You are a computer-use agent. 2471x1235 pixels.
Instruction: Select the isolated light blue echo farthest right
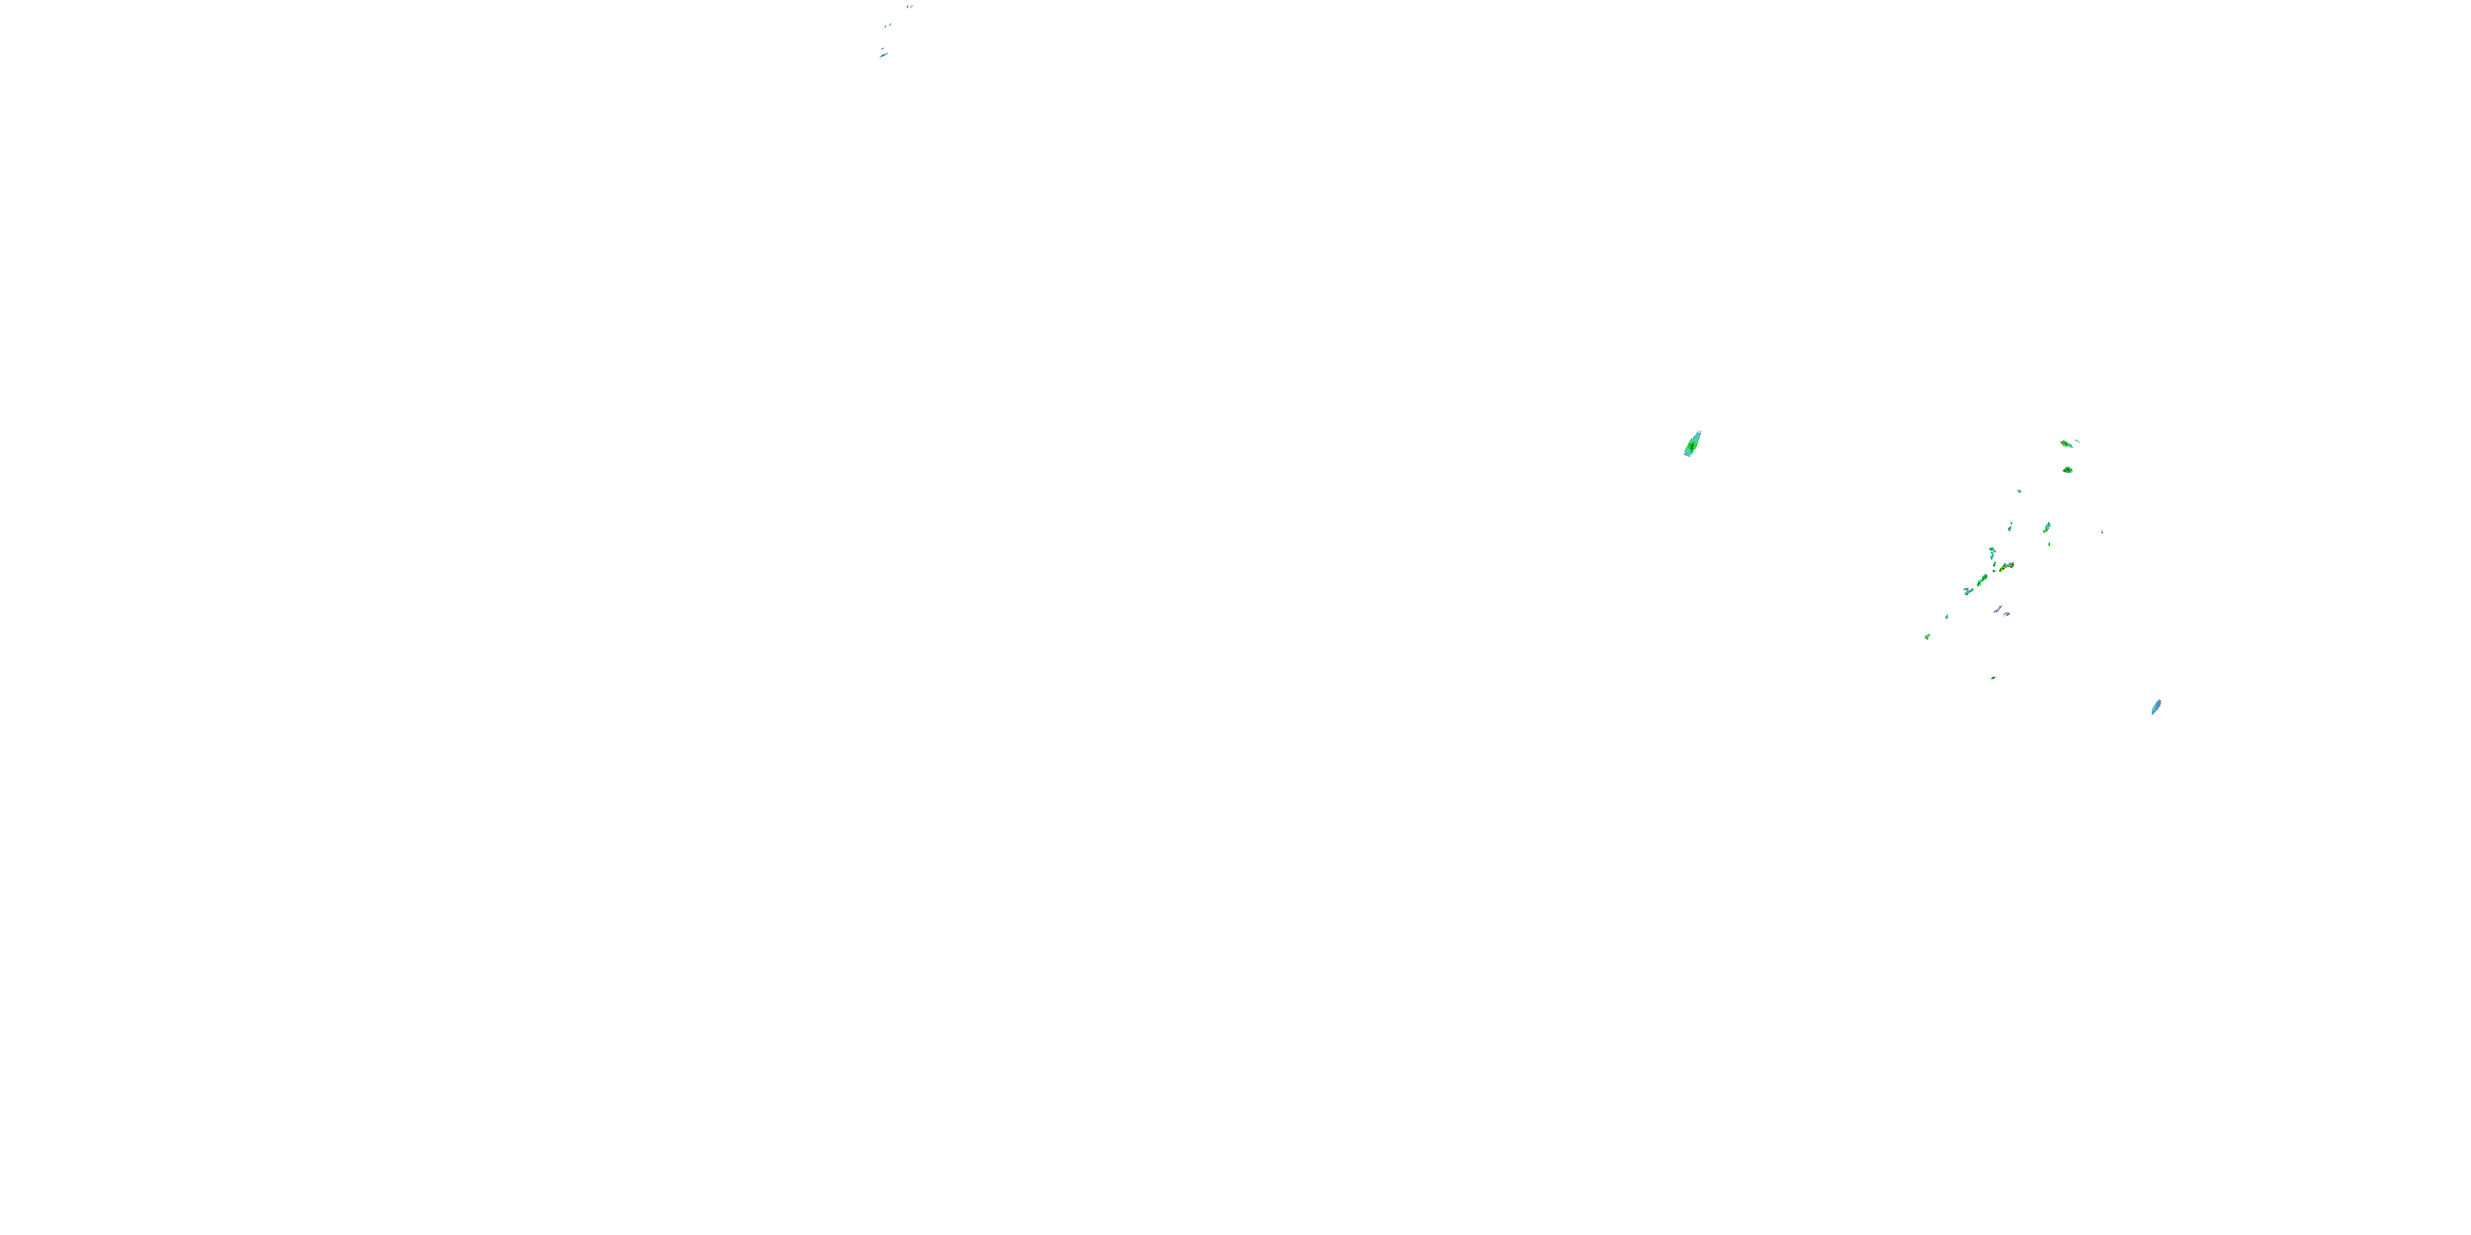coord(2156,706)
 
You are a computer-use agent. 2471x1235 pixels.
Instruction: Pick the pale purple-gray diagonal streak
coord(1998,609)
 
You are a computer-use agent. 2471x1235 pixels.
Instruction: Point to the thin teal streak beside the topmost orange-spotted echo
coord(2078,441)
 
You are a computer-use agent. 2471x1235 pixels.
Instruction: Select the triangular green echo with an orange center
coord(2067,470)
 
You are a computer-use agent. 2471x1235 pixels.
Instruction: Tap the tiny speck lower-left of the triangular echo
coord(2019,492)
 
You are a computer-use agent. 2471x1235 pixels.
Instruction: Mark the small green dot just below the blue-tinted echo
coord(2050,544)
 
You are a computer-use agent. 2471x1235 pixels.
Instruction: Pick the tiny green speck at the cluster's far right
coord(2102,532)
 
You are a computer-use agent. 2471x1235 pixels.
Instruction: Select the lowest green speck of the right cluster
coord(1993,678)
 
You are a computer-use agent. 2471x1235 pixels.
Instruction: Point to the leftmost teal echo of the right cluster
coord(1927,636)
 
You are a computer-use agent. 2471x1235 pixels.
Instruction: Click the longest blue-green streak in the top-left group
coord(884,54)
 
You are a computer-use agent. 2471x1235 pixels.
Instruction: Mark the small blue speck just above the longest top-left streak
coord(881,48)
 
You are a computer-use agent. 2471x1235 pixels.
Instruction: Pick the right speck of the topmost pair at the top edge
coord(911,6)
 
